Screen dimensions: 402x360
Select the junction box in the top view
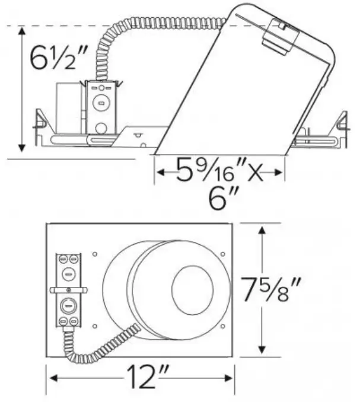(69, 289)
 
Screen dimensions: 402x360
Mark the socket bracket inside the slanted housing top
(281, 36)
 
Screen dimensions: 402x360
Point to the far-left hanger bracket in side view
(40, 125)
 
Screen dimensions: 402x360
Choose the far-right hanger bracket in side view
(340, 125)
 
